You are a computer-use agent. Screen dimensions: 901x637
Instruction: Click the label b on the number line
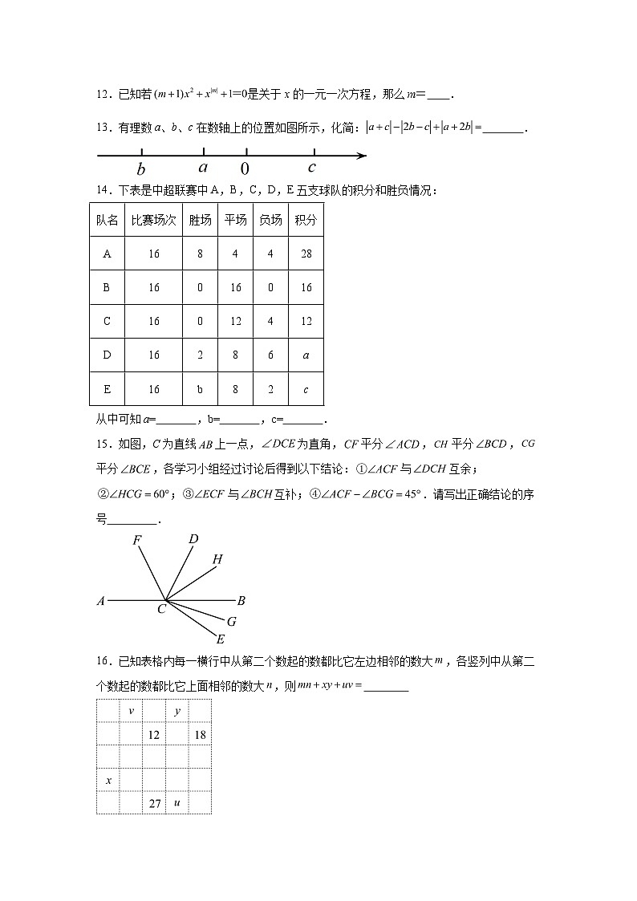click(141, 169)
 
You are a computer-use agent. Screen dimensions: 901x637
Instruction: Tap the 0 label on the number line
click(245, 169)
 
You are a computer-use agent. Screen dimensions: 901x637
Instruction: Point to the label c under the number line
click(312, 168)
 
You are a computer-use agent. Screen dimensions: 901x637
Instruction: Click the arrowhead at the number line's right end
click(360, 155)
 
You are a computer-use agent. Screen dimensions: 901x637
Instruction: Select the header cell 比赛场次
click(154, 220)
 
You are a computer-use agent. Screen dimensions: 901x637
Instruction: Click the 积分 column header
click(306, 220)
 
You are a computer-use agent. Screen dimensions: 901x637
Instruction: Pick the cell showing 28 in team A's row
click(306, 254)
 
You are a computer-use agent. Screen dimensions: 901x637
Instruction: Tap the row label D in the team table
click(108, 355)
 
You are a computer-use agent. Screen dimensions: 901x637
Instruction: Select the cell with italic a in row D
click(306, 355)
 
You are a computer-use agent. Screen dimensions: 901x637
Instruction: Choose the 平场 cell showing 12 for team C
click(236, 321)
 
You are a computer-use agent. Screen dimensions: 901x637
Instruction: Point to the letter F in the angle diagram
click(137, 541)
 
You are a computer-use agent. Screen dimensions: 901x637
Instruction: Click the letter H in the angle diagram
click(217, 559)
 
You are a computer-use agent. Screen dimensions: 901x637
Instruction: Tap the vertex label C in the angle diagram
click(161, 610)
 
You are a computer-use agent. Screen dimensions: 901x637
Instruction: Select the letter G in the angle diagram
click(231, 621)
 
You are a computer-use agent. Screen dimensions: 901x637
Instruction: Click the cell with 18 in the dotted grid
click(200, 734)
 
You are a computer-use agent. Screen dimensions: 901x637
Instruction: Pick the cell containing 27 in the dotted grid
click(154, 802)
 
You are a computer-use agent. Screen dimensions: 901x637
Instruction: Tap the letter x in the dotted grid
click(108, 779)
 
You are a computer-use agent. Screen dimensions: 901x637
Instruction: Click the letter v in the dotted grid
click(131, 711)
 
